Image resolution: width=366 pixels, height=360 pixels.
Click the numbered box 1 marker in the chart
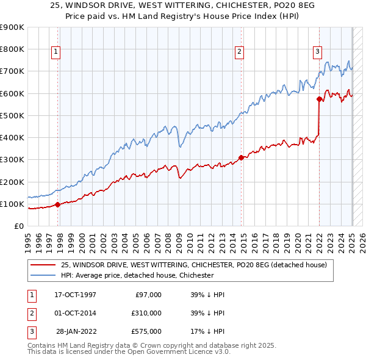(56, 52)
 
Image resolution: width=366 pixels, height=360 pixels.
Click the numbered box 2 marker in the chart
(240, 52)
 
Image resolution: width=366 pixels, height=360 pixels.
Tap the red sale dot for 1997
(58, 205)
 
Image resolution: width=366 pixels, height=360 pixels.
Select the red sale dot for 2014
(242, 157)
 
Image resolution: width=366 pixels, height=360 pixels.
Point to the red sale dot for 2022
(319, 99)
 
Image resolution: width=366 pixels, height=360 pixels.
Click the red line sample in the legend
(43, 265)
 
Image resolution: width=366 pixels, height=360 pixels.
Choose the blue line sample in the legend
(43, 275)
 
